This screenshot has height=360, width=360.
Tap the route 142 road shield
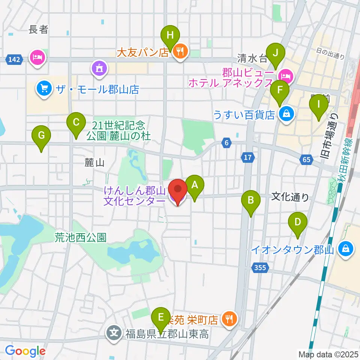[13, 59]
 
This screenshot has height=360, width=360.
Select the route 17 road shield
[247, 158]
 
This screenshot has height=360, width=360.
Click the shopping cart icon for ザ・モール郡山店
[44, 88]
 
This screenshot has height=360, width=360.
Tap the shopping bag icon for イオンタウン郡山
[345, 249]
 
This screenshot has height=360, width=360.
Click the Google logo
[25, 351]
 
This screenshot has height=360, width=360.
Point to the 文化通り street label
[290, 196]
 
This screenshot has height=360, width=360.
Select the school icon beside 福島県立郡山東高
[114, 333]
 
